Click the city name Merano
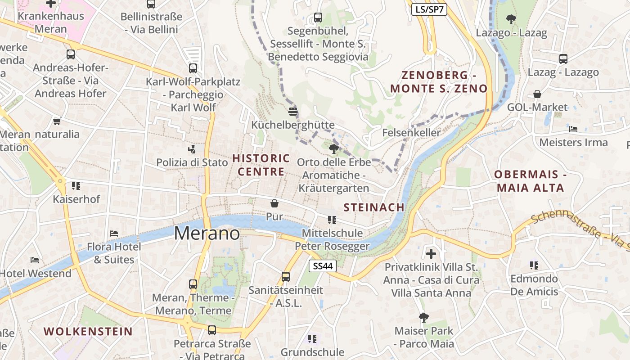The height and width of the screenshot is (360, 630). (207, 233)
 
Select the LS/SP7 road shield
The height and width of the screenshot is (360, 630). (429, 9)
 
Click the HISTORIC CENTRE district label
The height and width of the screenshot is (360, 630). (261, 165)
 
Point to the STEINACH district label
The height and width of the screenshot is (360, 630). (374, 207)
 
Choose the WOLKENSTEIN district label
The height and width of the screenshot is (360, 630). (88, 332)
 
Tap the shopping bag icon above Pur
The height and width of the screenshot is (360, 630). (274, 203)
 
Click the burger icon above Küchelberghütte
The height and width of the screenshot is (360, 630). (293, 111)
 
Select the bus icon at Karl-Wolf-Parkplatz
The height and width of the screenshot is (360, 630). (193, 68)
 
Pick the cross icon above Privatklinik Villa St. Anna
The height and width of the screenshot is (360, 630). (431, 254)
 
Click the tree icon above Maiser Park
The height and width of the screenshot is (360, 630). (423, 318)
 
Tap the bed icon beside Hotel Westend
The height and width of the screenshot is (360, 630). (35, 260)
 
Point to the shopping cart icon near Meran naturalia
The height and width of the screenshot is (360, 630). (57, 121)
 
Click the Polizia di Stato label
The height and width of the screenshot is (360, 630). (192, 162)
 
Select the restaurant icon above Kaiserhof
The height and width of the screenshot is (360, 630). (76, 185)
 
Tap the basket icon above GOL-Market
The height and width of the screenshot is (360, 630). (537, 94)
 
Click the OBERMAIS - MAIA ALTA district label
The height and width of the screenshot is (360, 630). (530, 181)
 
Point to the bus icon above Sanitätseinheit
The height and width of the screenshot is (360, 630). (286, 277)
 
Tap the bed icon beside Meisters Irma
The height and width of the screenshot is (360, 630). (573, 129)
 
